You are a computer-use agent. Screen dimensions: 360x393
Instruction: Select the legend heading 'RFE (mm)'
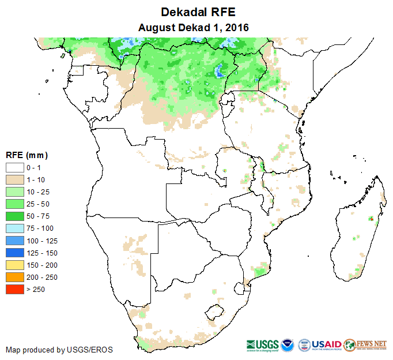tap(27, 155)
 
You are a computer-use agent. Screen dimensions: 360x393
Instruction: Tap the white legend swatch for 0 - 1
tap(14, 167)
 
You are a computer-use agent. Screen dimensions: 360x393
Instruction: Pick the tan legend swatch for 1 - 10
tap(14, 179)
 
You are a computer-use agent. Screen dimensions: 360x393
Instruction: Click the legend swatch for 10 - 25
tap(14, 192)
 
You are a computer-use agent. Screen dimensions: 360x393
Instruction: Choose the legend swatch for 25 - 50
tap(14, 204)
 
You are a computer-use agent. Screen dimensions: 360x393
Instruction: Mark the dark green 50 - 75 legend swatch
tap(14, 216)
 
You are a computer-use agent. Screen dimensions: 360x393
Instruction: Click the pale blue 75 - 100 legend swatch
tap(14, 228)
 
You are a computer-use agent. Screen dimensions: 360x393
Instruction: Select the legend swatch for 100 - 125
tap(14, 241)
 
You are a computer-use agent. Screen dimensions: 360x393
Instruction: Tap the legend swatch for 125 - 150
tap(14, 253)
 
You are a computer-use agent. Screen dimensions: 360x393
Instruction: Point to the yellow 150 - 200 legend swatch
tap(14, 265)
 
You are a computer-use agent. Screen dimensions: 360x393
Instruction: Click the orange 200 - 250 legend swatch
tap(14, 277)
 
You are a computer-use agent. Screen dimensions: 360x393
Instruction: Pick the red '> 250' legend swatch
tap(14, 289)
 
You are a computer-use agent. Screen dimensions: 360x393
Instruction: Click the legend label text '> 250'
tap(36, 289)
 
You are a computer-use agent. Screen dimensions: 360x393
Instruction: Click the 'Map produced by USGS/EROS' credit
tap(59, 350)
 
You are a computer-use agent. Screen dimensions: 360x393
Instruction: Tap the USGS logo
tap(262, 344)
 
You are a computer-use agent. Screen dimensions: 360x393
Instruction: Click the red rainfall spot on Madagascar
tap(372, 219)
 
